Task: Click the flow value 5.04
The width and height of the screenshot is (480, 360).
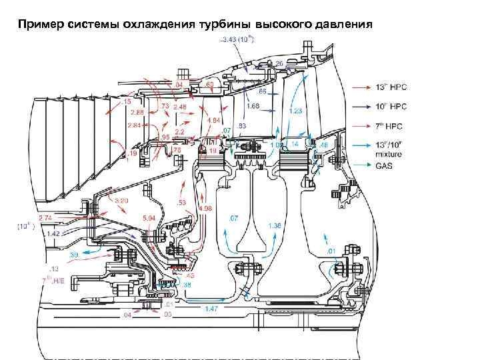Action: pyautogui.click(x=150, y=217)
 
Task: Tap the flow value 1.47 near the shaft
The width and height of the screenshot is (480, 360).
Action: pyautogui.click(x=211, y=309)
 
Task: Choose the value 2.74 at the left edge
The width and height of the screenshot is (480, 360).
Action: pyautogui.click(x=45, y=218)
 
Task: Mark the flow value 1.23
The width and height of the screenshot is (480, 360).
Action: pyautogui.click(x=296, y=111)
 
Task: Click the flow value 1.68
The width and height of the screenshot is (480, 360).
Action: pyautogui.click(x=253, y=106)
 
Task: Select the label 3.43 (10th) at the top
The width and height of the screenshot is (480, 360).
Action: pyautogui.click(x=237, y=39)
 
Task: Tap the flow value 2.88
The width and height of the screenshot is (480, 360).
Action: pyautogui.click(x=137, y=112)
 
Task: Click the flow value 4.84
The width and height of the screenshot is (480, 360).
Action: pyautogui.click(x=214, y=120)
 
